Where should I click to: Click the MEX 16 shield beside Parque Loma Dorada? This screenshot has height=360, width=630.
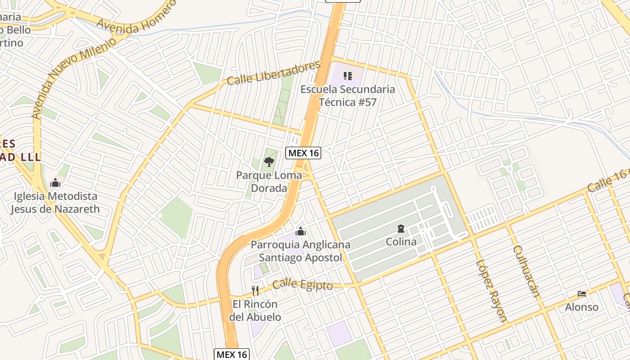[304, 153]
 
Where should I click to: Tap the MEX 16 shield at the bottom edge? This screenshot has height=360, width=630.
[231, 354]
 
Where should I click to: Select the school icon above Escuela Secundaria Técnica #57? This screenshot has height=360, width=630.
[347, 76]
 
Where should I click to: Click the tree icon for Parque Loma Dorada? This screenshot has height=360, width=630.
[269, 162]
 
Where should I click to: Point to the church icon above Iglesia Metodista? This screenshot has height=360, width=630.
[55, 183]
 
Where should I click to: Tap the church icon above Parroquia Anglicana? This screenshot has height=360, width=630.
[300, 231]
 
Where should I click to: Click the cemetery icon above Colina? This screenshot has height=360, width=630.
[401, 229]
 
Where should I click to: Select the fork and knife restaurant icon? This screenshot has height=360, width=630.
[255, 290]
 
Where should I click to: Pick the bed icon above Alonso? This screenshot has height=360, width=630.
[582, 294]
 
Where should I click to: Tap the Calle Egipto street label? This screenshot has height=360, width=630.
[303, 285]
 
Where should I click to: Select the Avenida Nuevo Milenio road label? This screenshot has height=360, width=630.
[74, 76]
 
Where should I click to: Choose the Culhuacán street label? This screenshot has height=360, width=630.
[526, 271]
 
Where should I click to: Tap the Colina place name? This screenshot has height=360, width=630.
[401, 242]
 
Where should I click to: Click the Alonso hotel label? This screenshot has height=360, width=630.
[582, 307]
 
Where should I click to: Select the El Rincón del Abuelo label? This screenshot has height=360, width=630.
[255, 310]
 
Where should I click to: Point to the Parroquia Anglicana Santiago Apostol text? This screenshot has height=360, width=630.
[300, 252]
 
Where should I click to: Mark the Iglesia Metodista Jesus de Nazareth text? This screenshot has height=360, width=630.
[55, 202]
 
